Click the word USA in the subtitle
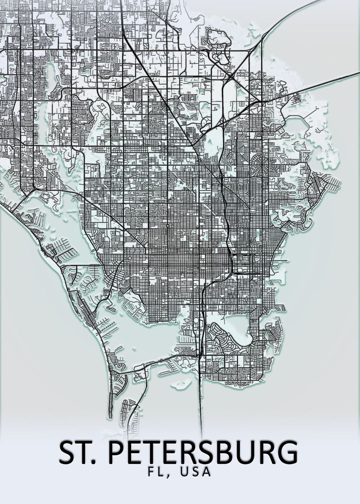[194, 472]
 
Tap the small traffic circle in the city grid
[168, 226]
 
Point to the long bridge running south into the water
[201, 399]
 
